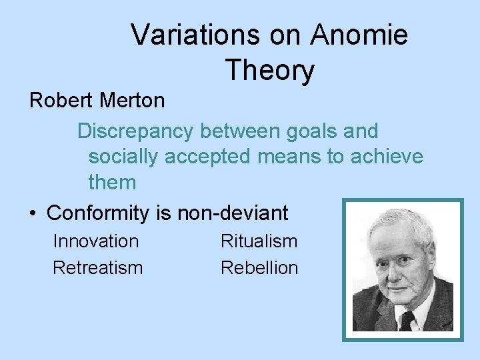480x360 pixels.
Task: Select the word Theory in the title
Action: [x=269, y=70]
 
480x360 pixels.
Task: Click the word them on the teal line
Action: [x=111, y=181]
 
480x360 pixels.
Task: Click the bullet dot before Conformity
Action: [x=33, y=213]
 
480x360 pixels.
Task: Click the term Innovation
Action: [x=95, y=241]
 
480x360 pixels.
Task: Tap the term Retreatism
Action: [x=97, y=267]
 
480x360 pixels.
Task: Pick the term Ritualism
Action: [x=259, y=241]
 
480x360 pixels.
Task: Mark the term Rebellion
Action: [x=259, y=267]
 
